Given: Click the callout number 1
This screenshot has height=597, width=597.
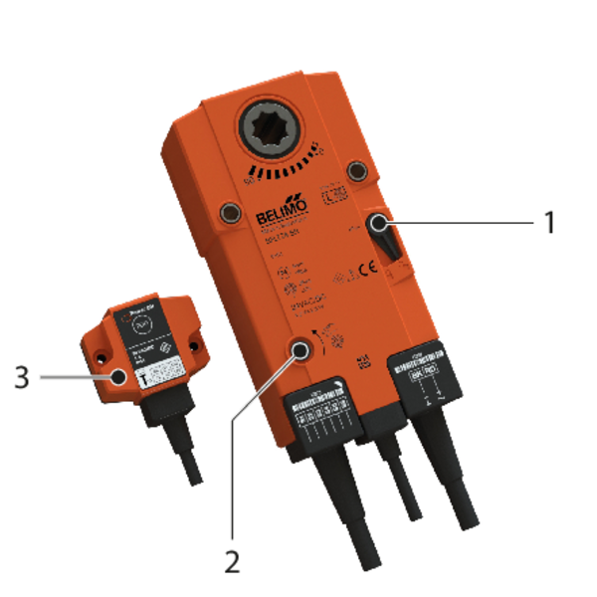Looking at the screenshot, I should (x=547, y=221).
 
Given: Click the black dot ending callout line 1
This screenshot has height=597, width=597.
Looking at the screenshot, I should (x=380, y=227).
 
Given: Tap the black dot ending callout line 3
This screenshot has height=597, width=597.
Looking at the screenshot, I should (x=118, y=377).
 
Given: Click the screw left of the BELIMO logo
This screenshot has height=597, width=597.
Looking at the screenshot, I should (x=230, y=211).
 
